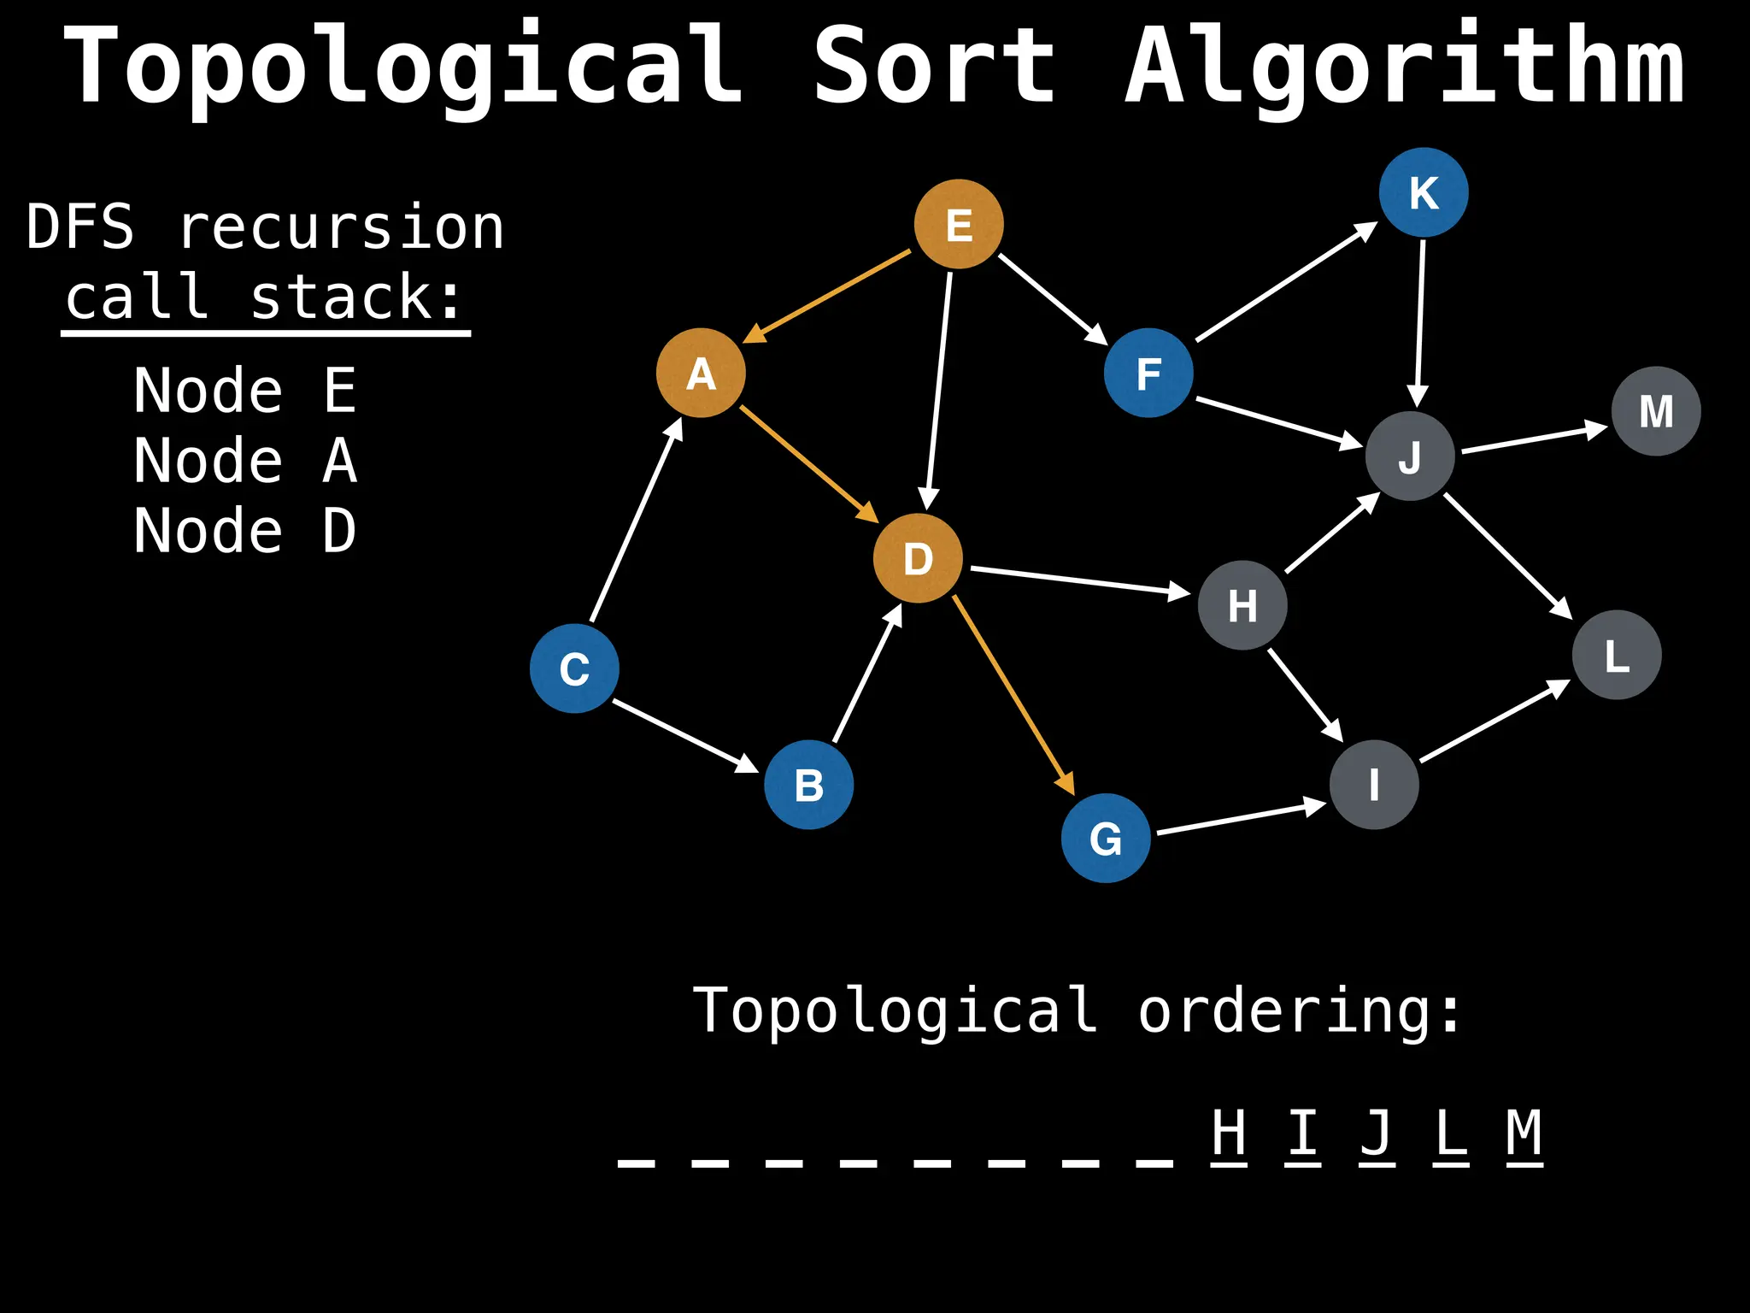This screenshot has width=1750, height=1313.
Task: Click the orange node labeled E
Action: click(x=959, y=224)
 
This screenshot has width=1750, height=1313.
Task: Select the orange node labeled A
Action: click(x=701, y=373)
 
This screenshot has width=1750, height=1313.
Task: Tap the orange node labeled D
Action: click(x=918, y=558)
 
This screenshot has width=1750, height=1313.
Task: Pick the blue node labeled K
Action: click(x=1424, y=192)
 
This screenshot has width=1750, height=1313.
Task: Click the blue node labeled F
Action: click(x=1148, y=373)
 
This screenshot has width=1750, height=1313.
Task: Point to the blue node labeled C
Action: click(x=574, y=668)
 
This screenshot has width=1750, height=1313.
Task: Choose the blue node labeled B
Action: click(x=808, y=785)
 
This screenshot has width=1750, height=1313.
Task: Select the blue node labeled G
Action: click(x=1106, y=838)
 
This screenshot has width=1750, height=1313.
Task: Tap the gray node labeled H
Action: click(x=1242, y=605)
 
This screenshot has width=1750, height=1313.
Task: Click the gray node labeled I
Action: click(x=1374, y=785)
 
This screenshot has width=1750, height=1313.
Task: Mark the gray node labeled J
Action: click(x=1410, y=456)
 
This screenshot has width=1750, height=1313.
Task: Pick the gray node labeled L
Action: click(x=1617, y=655)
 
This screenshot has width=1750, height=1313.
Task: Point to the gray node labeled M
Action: click(x=1656, y=411)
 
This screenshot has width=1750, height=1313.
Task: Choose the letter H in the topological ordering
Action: click(x=1229, y=1133)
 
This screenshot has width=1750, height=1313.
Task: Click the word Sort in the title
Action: click(x=934, y=67)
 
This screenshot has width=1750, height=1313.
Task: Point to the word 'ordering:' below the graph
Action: click(x=1299, y=1010)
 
